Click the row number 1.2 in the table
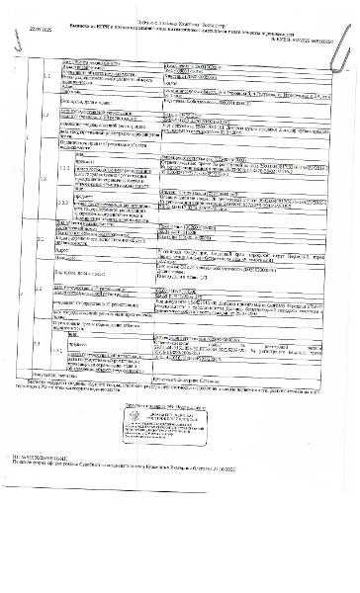coord(42,115)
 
